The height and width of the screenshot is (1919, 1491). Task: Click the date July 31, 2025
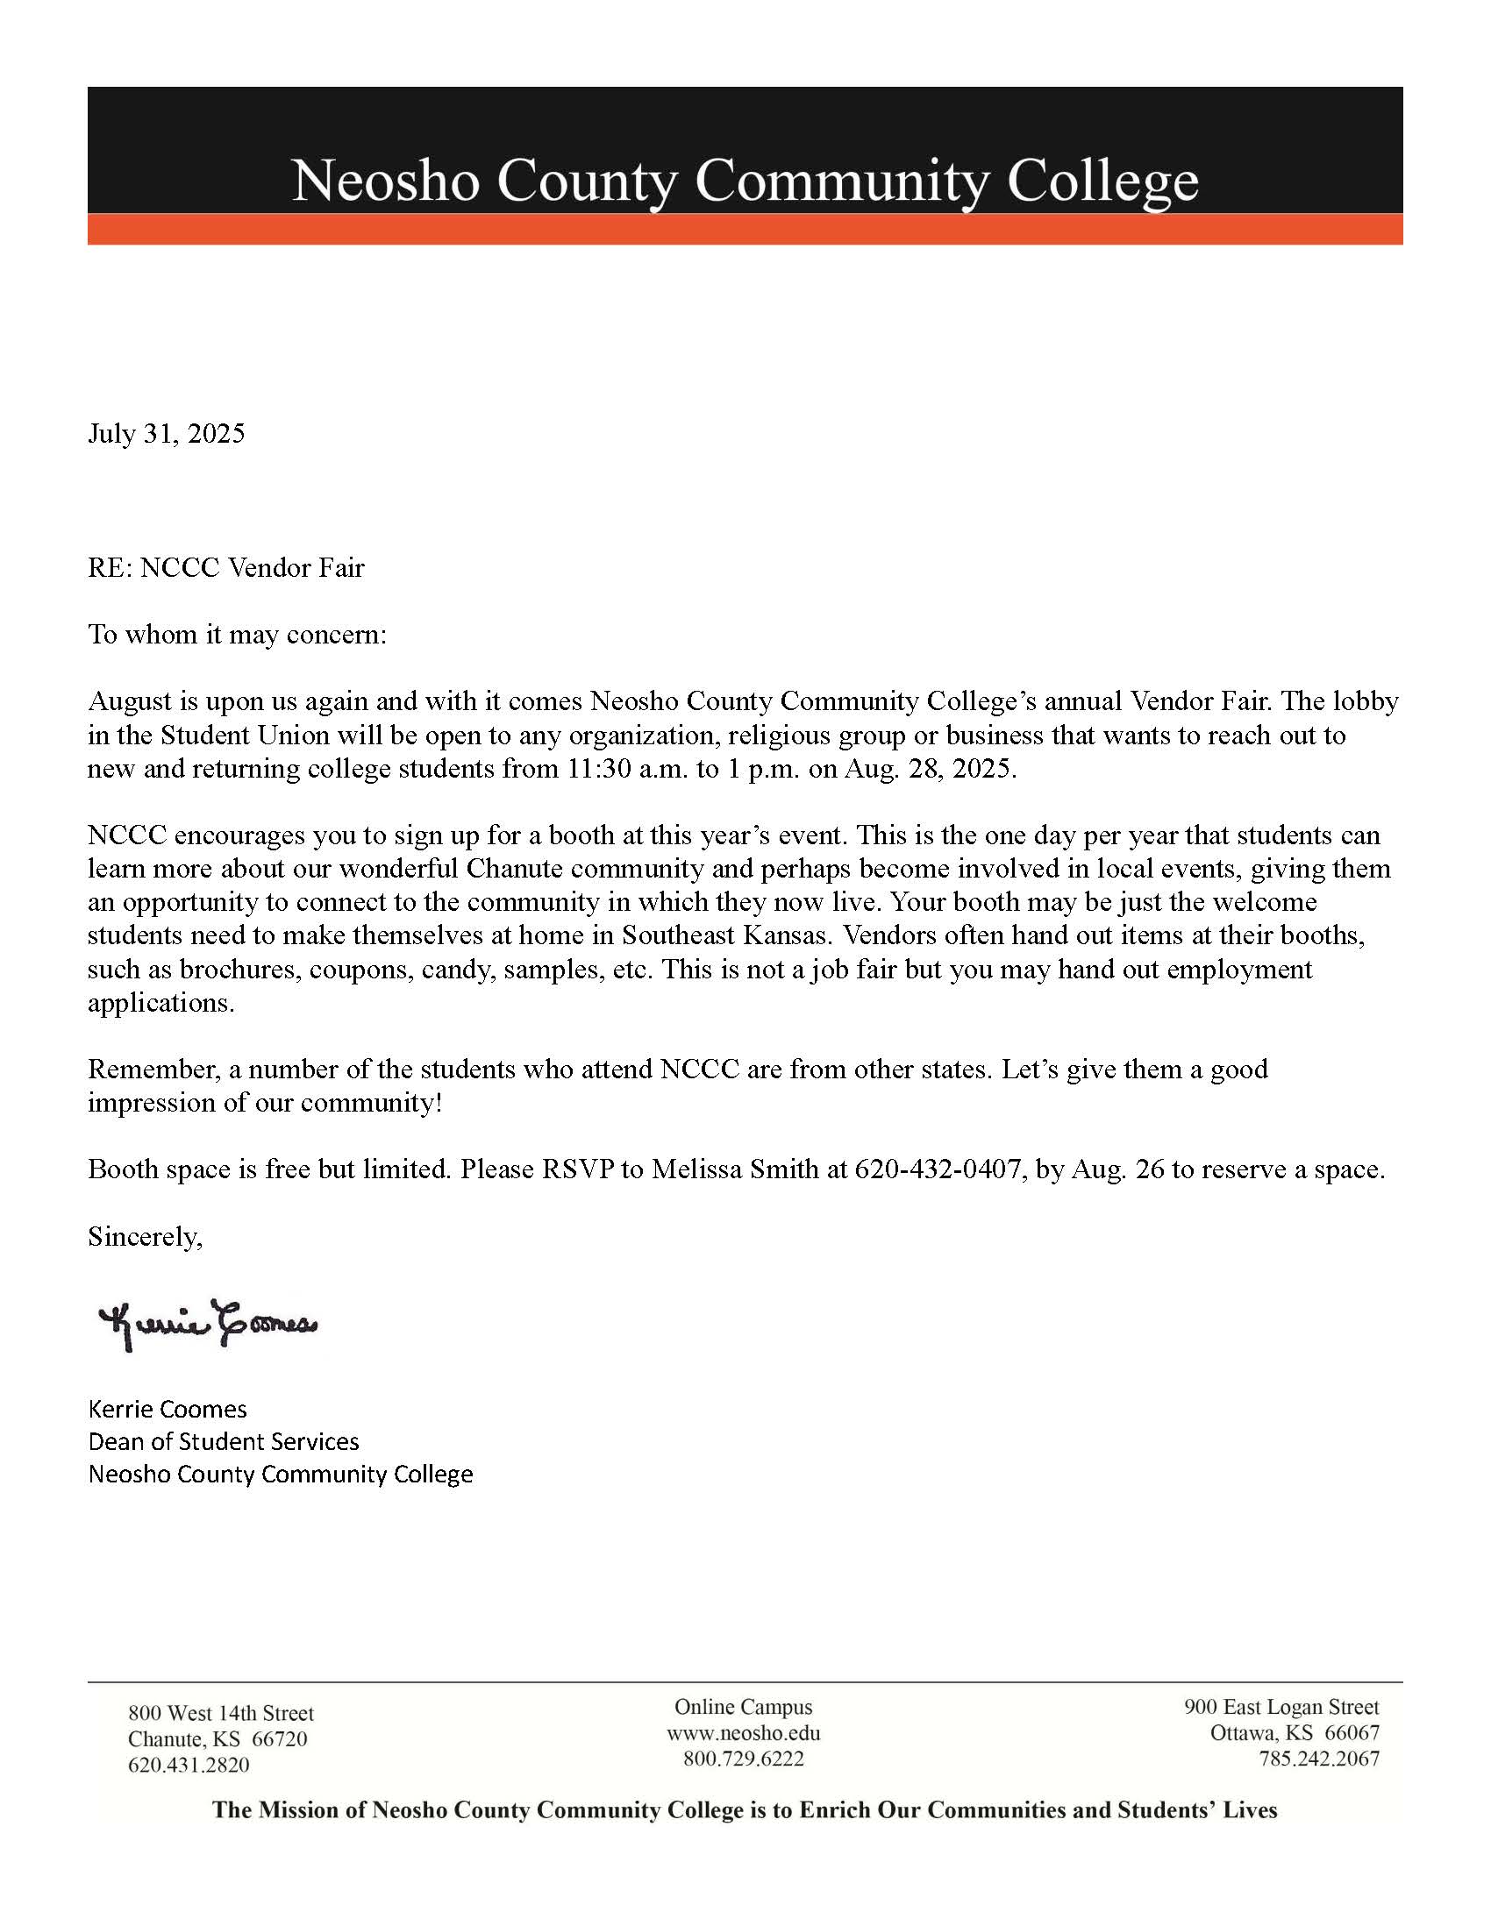pos(166,434)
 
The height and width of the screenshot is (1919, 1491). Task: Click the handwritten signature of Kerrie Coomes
pos(209,1325)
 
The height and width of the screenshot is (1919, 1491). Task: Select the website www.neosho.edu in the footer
pos(743,1733)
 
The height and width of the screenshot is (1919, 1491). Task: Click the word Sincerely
pos(145,1237)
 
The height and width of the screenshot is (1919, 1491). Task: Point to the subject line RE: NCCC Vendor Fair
pos(226,568)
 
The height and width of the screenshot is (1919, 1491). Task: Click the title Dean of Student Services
pos(224,1442)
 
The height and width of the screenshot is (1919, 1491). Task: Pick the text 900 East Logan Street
pos(1281,1706)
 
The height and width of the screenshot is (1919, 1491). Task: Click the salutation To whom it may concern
pos(237,635)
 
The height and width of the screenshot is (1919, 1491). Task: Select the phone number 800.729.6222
pos(743,1759)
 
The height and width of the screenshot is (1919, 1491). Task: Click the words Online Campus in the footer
pos(743,1706)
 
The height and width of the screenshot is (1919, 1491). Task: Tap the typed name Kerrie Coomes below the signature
pos(167,1410)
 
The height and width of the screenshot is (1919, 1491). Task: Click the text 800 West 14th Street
pos(221,1712)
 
